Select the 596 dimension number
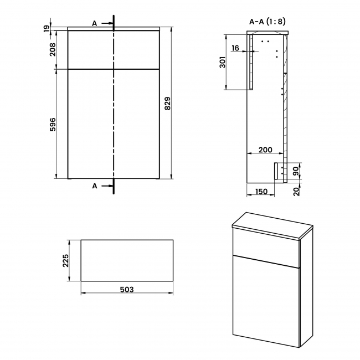click(53, 125)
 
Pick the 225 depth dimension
click(65, 260)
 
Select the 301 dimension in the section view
click(223, 61)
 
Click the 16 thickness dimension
click(235, 49)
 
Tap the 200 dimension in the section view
click(266, 150)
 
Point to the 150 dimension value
click(261, 192)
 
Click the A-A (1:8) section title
click(268, 22)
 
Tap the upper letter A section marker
click(95, 23)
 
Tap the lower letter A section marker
click(95, 186)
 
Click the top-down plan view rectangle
click(127, 260)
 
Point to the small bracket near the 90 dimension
click(277, 170)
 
